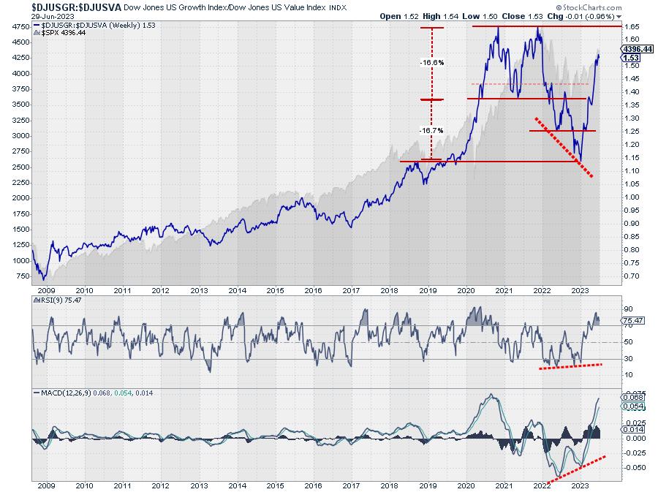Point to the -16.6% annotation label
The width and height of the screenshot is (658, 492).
(432, 63)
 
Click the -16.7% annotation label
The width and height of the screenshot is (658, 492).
(432, 131)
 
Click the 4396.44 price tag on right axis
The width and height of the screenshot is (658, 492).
(637, 48)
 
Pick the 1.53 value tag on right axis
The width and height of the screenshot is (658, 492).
(632, 58)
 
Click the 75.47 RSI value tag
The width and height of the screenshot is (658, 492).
(633, 319)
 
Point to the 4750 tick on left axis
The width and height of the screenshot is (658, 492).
(19, 26)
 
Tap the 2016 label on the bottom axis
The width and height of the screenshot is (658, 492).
(313, 484)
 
